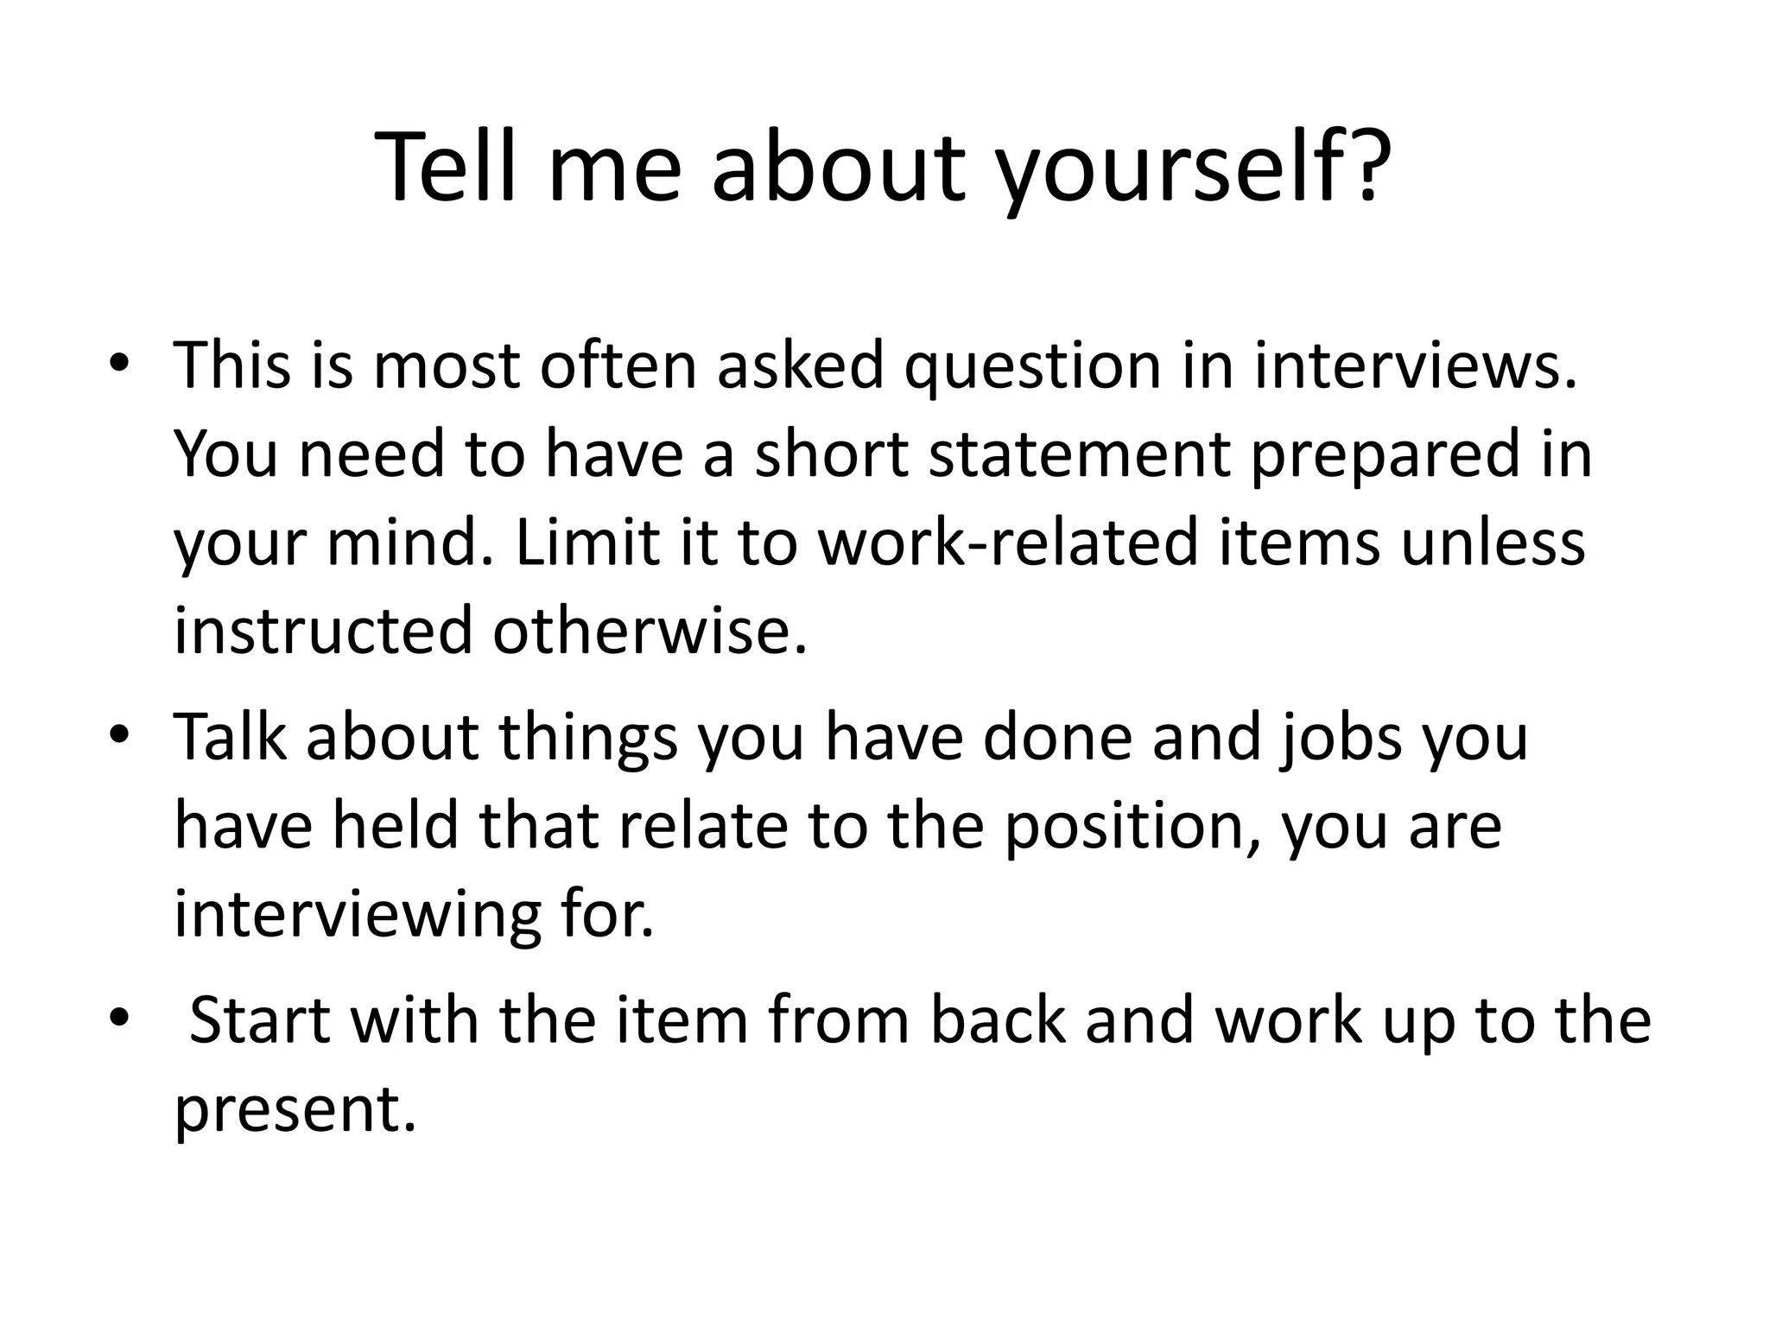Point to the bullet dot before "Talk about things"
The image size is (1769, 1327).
118,736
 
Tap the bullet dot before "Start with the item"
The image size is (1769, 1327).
118,1018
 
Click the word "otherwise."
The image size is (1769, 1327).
650,631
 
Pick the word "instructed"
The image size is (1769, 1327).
322,631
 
